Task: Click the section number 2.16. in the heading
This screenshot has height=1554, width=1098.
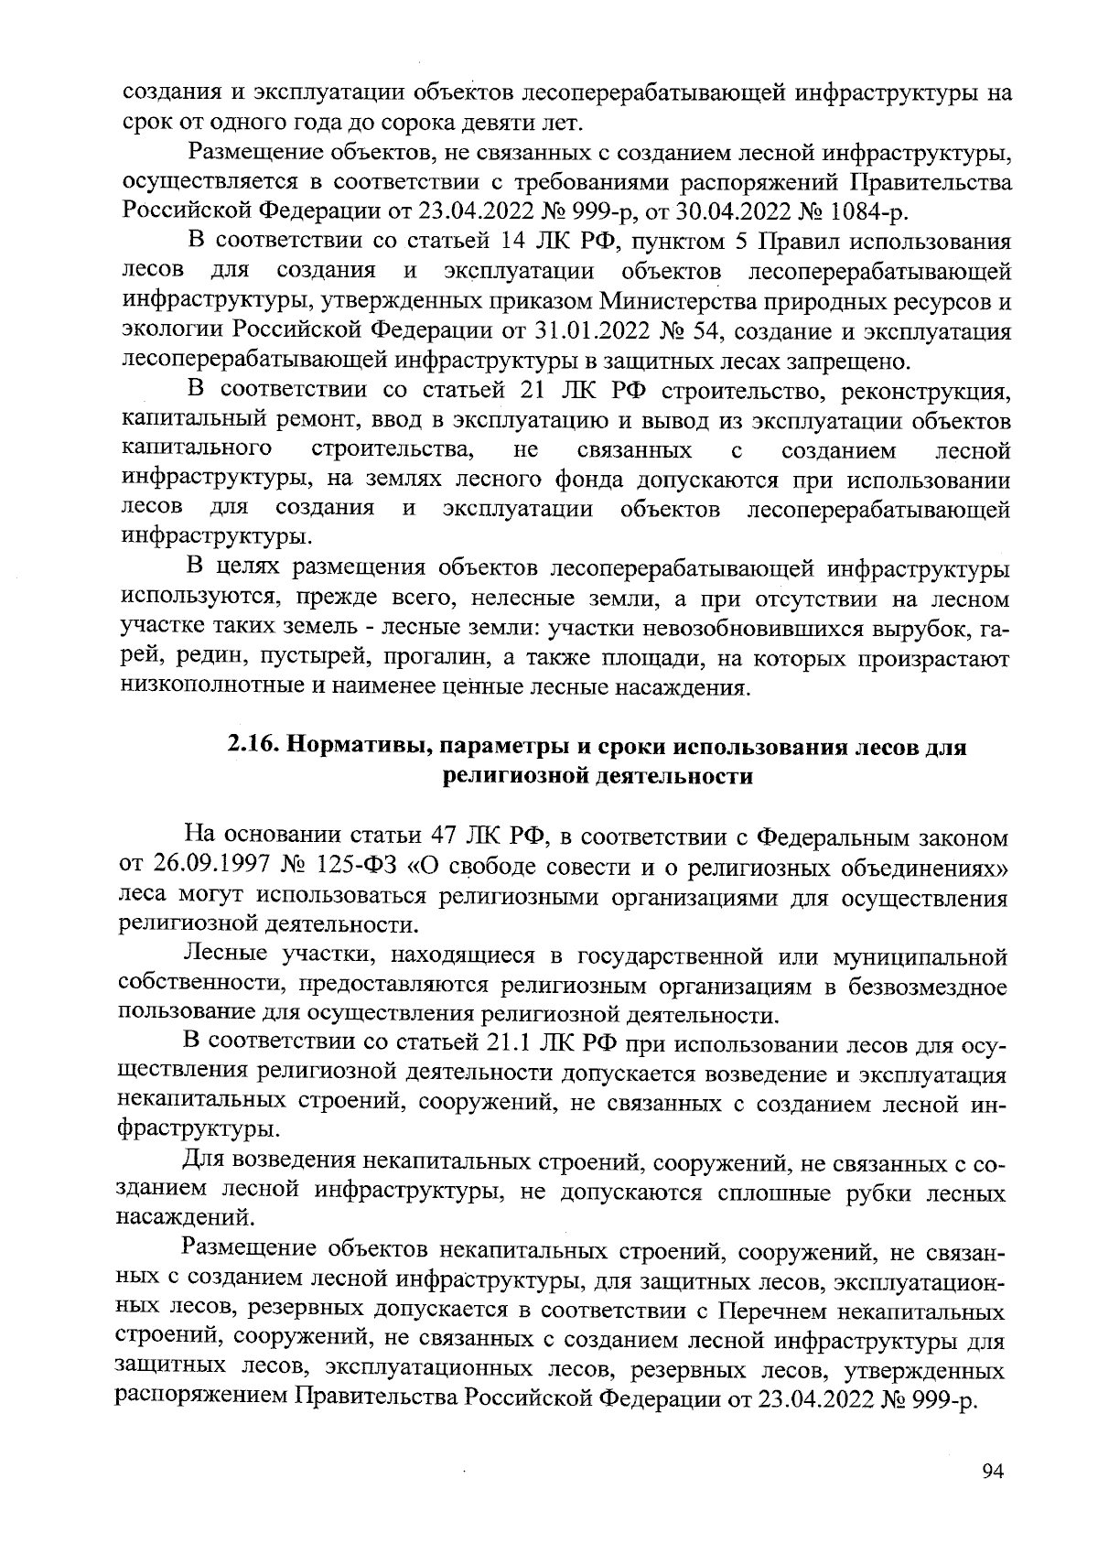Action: tap(255, 746)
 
